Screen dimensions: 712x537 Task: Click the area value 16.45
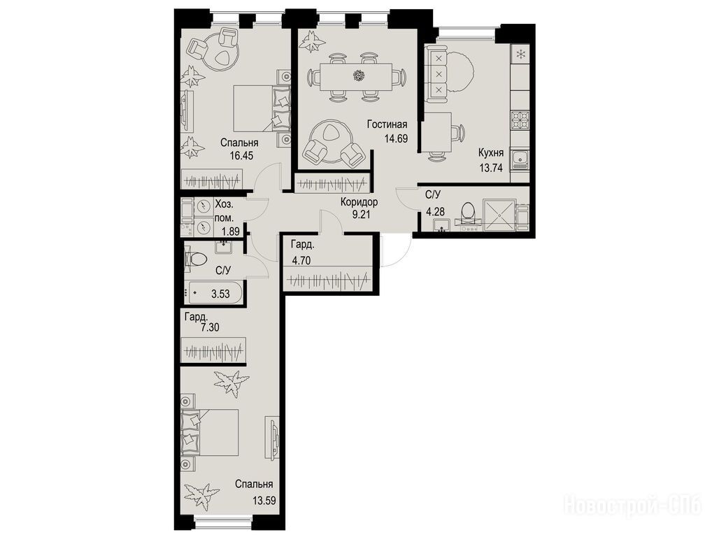(241, 156)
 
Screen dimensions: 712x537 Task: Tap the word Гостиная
(387, 124)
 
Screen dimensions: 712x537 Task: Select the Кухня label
(491, 152)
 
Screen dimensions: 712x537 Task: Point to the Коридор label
(359, 202)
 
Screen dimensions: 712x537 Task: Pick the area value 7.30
(210, 327)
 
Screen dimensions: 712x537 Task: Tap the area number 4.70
(302, 261)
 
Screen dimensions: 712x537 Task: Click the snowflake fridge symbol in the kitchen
(520, 55)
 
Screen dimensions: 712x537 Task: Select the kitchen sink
(520, 159)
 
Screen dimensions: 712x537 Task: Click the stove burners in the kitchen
(520, 120)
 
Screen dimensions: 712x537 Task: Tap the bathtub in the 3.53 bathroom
(214, 293)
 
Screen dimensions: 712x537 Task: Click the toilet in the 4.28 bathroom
(468, 213)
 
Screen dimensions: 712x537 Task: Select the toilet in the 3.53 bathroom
(195, 260)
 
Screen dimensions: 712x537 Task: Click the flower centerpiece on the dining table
(359, 76)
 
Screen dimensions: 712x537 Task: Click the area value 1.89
(230, 231)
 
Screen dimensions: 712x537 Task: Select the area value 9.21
(361, 213)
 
